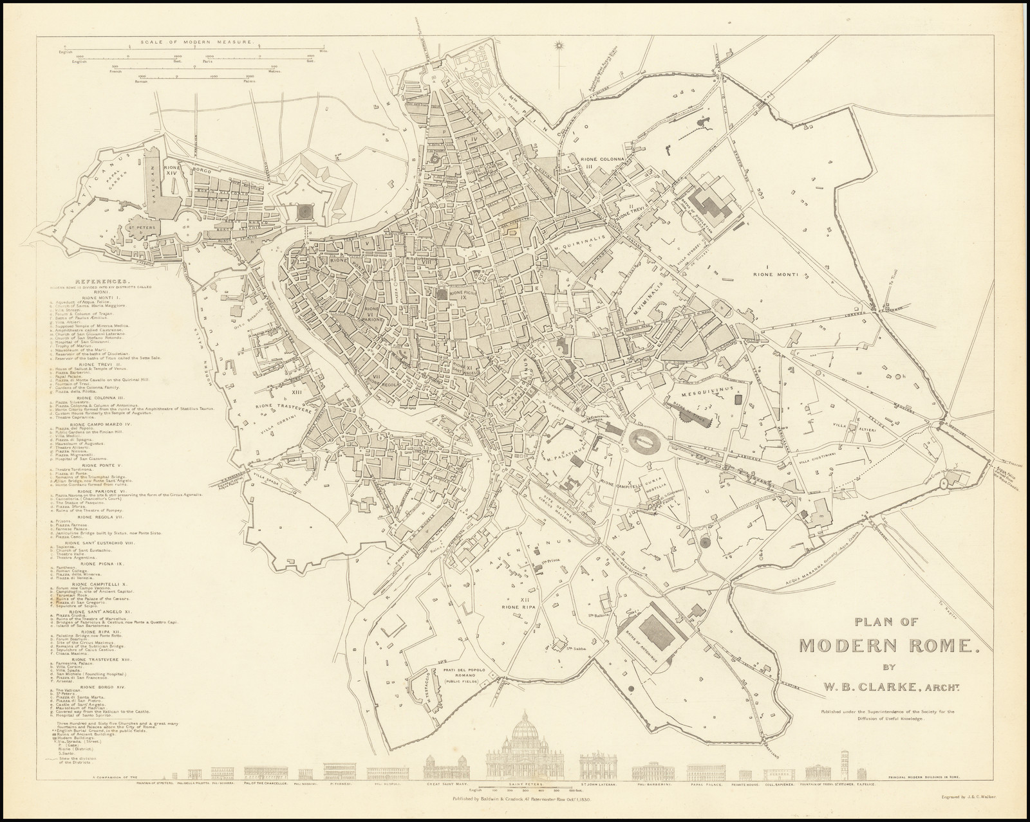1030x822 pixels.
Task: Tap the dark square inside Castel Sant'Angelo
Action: coord(304,210)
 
